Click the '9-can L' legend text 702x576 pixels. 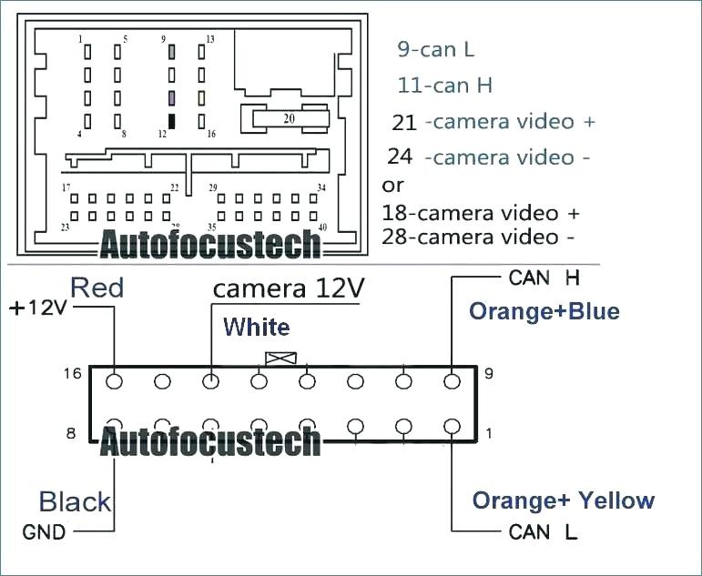pos(435,49)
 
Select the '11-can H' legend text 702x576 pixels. pos(444,85)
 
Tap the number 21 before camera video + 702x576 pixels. pos(404,123)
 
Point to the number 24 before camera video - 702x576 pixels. pos(400,157)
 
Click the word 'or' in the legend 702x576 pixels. pos(392,186)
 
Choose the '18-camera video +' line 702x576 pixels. pos(481,213)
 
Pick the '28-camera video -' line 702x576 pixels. pos(477,237)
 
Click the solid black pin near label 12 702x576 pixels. pos(171,121)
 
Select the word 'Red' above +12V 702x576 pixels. pos(97,288)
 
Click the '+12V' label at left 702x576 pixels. pos(38,308)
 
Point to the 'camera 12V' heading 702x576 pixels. pos(289,288)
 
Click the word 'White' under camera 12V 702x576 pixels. pos(257,327)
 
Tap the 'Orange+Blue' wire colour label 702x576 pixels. pos(544,311)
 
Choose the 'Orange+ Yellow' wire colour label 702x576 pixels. pos(564,500)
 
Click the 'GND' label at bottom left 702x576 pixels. pos(44,532)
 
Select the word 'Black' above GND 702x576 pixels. pos(75,501)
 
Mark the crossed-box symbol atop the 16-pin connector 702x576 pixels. pos(280,358)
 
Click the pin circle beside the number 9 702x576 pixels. pos(452,382)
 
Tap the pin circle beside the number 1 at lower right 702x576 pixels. pos(452,427)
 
